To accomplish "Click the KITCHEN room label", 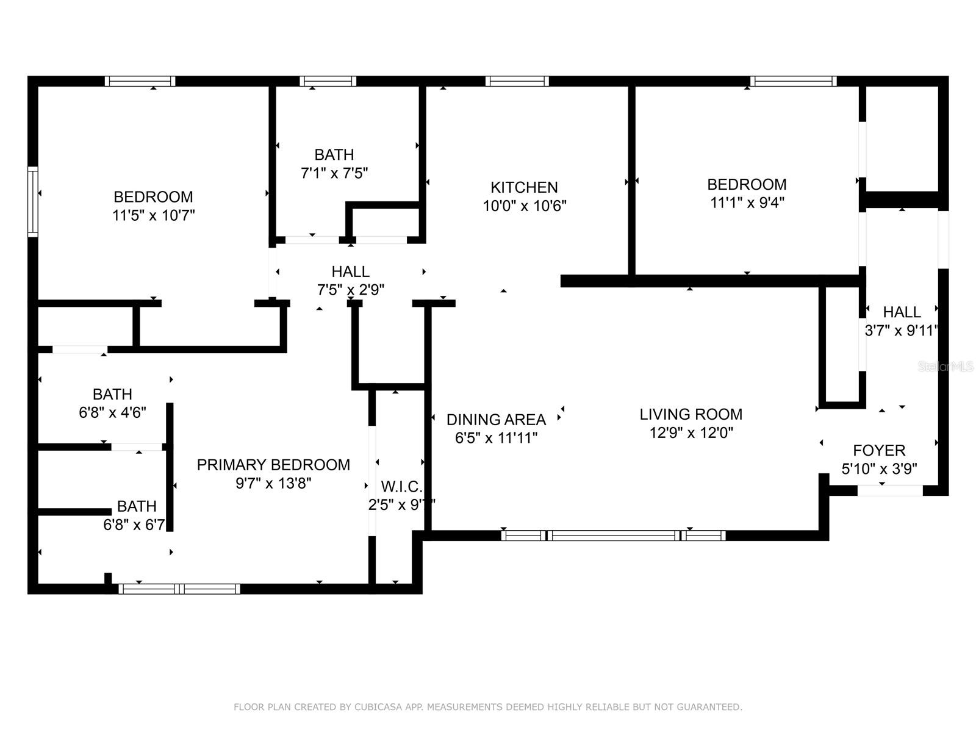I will [x=524, y=187].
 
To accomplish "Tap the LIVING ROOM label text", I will [x=691, y=414].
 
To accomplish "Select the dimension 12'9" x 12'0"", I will [x=691, y=433].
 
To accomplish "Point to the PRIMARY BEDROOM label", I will [x=273, y=465].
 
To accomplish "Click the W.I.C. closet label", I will [x=401, y=487].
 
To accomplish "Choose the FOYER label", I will [x=879, y=451].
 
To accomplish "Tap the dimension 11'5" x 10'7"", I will [x=153, y=215].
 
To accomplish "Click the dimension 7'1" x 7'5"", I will [x=334, y=173].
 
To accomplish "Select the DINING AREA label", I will [x=496, y=420].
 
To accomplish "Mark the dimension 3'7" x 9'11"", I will [x=901, y=331].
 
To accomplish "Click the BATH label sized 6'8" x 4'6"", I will [x=112, y=394].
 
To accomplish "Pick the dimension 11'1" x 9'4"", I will [x=747, y=203].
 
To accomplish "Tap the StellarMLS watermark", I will [x=945, y=367].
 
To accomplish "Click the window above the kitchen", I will [x=517, y=81].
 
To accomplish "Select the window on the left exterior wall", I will [x=33, y=201].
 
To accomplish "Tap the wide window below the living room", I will [x=613, y=536].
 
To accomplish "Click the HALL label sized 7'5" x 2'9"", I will [x=350, y=271].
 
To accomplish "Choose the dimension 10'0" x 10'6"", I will [x=524, y=206].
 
